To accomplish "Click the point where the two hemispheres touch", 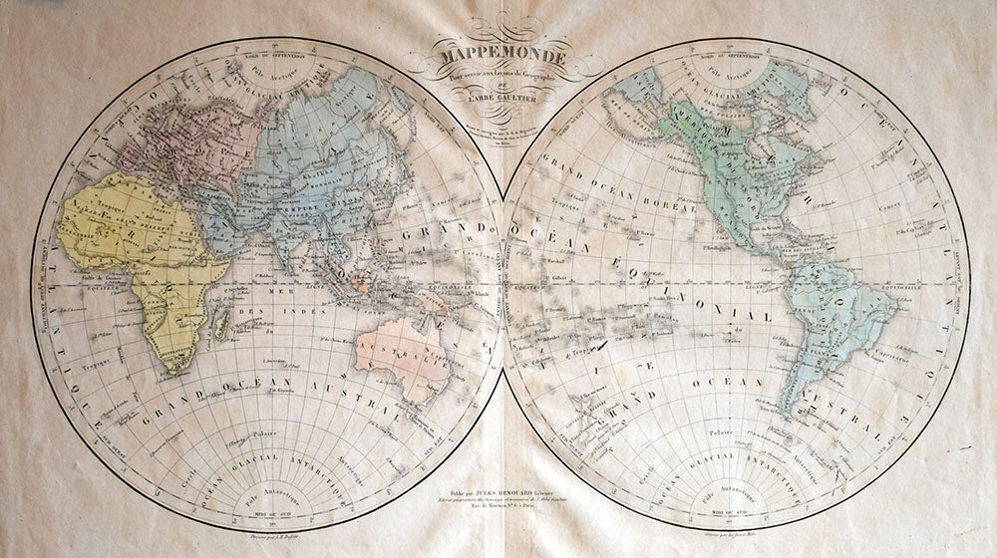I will tap(503, 284).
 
